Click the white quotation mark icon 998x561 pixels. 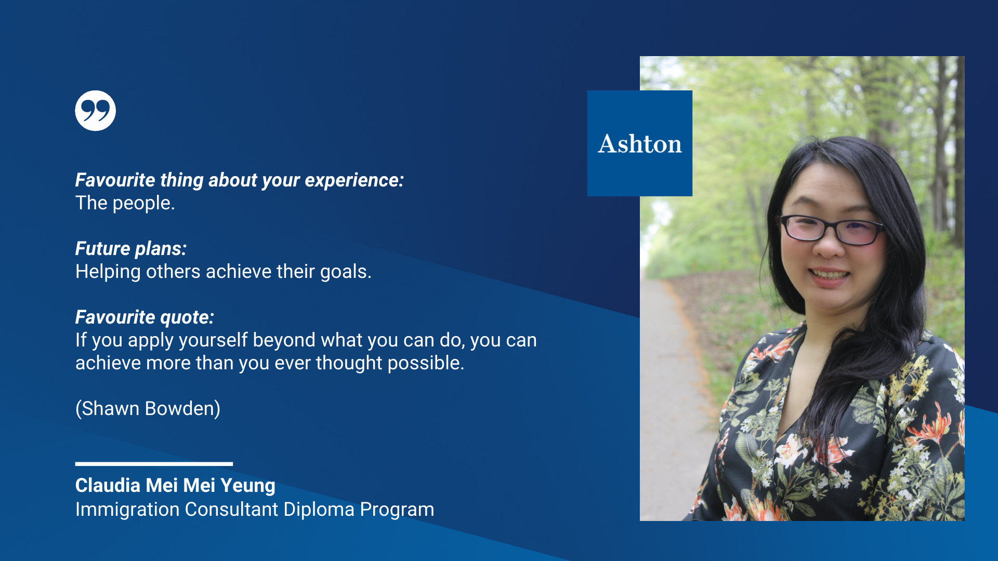coord(95,111)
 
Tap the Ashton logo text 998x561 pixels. coord(640,144)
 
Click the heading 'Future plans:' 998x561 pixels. coord(131,248)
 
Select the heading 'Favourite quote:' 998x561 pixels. coord(145,317)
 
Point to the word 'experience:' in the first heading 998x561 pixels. coord(354,180)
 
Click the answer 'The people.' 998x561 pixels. coord(125,203)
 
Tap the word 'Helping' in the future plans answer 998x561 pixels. coord(108,272)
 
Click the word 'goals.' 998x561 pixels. coord(346,272)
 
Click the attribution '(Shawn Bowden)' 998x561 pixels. coord(148,409)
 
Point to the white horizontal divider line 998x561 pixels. coord(154,464)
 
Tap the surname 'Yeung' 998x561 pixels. coord(248,486)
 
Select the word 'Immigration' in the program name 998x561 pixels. coord(127,510)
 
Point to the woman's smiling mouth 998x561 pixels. coord(830,274)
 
